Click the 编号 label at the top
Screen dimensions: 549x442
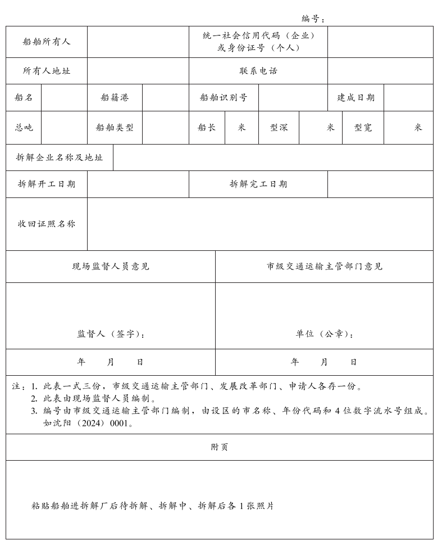[x=313, y=19]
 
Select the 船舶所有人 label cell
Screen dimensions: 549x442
[x=47, y=42]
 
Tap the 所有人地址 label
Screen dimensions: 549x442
[x=47, y=71]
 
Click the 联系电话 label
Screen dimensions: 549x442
[x=258, y=71]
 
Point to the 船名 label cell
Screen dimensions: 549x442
[x=24, y=97]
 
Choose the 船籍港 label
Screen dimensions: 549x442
[x=115, y=97]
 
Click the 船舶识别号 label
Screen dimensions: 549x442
[x=224, y=97]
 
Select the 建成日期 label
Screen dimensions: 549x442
[x=356, y=97]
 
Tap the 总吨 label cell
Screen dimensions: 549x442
[x=24, y=127]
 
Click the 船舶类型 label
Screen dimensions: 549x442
[x=115, y=127]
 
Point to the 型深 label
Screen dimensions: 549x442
[x=279, y=127]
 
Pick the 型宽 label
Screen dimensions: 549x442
[x=363, y=127]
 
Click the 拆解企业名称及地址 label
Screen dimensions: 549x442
[x=60, y=157]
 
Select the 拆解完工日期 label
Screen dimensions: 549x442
[x=258, y=184]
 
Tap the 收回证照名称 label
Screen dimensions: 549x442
[x=47, y=224]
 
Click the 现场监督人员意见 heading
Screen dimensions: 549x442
[x=111, y=266]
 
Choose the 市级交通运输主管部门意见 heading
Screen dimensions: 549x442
[x=324, y=266]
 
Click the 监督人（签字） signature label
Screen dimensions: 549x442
[x=111, y=334]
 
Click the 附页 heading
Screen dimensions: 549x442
[x=220, y=447]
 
